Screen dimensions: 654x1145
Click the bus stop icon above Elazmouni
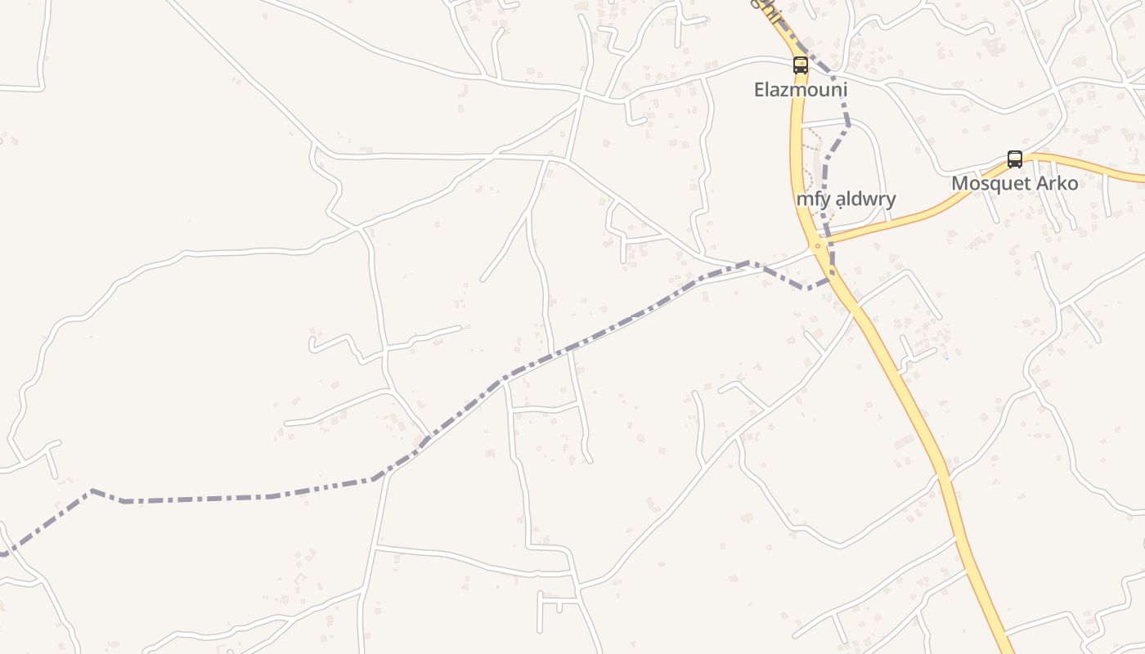coord(800,65)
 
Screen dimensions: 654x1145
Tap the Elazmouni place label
coord(800,89)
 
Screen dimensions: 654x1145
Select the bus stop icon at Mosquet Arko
coord(1014,159)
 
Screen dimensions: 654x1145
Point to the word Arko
coord(1057,183)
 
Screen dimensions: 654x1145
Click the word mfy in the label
coord(810,199)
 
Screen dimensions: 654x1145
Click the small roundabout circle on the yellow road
coord(817,245)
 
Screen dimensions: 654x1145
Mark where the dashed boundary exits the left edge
coord(2,554)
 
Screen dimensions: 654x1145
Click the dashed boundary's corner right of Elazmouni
coord(848,125)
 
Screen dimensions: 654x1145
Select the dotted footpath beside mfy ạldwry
coord(810,155)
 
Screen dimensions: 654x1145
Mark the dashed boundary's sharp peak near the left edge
coord(92,490)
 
